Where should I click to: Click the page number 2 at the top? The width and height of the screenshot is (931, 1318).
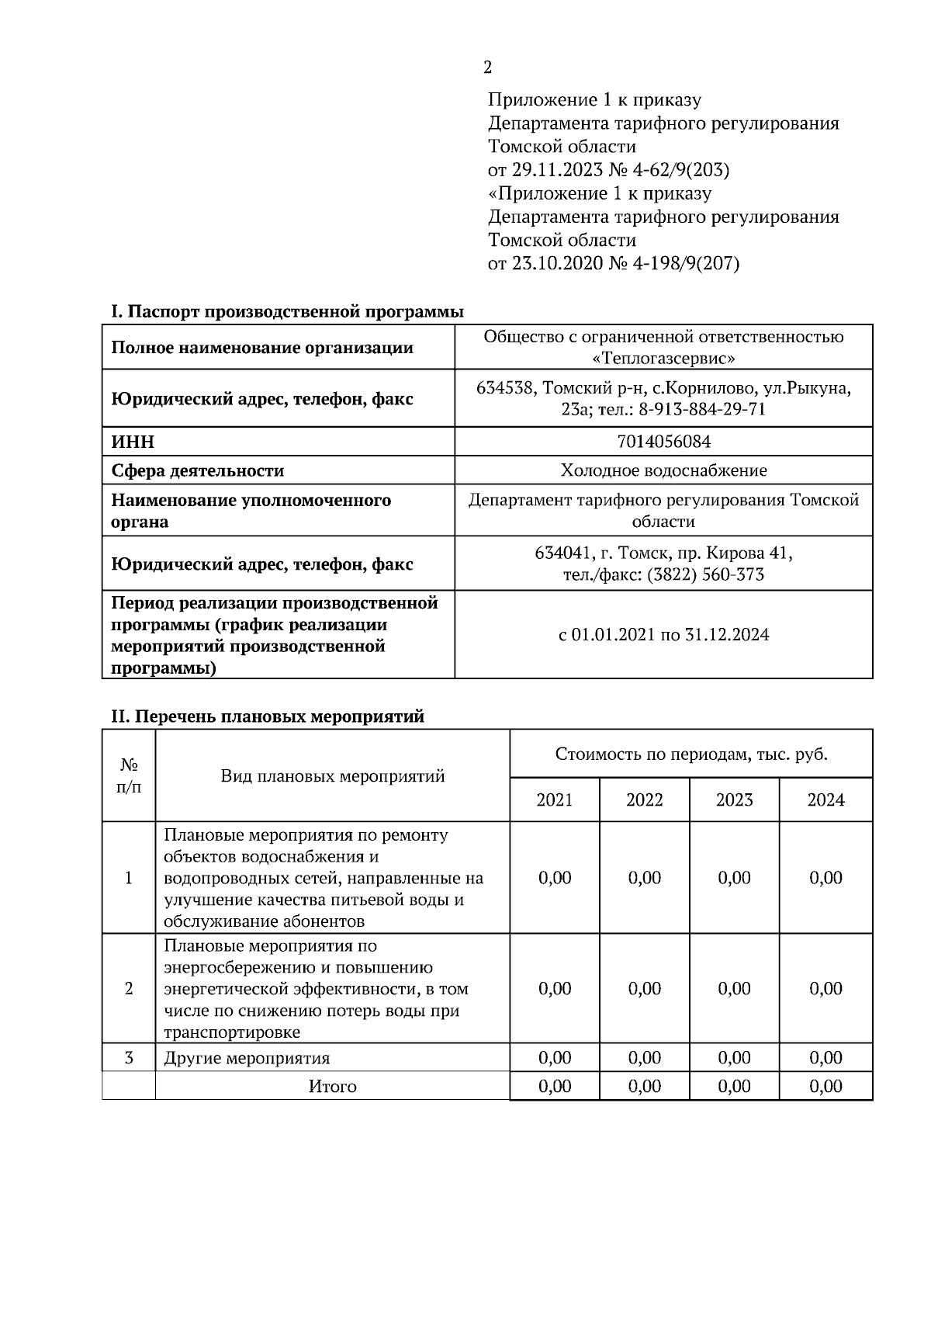(x=487, y=68)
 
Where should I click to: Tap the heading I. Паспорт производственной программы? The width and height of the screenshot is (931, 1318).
(x=287, y=312)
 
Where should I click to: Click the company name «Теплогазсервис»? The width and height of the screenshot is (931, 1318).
(x=663, y=358)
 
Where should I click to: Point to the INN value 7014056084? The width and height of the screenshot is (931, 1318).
(x=663, y=442)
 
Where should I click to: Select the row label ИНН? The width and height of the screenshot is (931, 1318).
(x=133, y=442)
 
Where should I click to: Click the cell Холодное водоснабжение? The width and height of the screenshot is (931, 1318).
(x=663, y=470)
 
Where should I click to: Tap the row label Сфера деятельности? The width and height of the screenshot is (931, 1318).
(x=198, y=471)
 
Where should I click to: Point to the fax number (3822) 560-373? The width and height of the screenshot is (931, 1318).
(x=705, y=574)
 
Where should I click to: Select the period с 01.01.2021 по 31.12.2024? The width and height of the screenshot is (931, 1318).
(x=663, y=635)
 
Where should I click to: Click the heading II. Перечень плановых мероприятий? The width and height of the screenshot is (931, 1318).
(x=268, y=716)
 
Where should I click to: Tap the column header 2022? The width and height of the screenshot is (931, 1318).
(x=644, y=800)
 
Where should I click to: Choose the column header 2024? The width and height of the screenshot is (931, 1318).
(x=825, y=800)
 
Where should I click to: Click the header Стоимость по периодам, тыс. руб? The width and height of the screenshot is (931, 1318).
(x=690, y=754)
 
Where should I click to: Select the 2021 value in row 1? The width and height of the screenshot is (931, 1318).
(x=555, y=878)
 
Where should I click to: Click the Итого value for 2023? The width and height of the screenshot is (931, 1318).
(x=734, y=1087)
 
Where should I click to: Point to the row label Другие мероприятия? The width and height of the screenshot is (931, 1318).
(x=247, y=1058)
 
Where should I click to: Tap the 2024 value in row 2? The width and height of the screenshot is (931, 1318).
(x=825, y=989)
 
